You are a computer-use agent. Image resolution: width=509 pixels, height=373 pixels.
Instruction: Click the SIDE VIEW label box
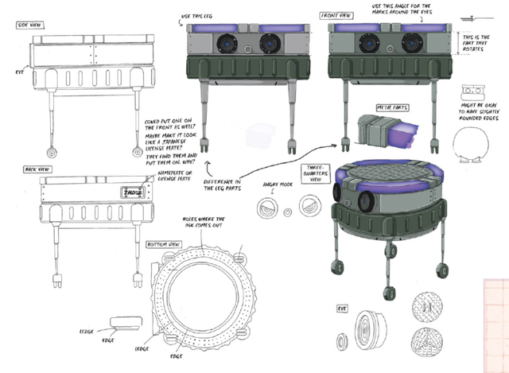pyautogui.click(x=29, y=25)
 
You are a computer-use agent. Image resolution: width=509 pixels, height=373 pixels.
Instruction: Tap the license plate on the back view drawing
pyautogui.click(x=130, y=191)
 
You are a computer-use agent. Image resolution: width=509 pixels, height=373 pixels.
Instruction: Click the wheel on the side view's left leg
pyautogui.click(x=53, y=151)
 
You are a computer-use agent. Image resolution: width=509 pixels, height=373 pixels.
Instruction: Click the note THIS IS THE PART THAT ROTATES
pyautogui.click(x=480, y=44)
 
